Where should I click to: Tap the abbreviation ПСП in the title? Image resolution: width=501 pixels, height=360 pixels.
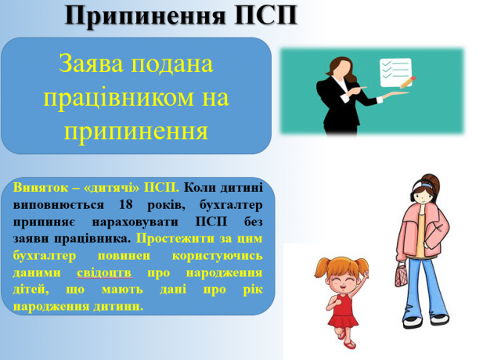click(266, 15)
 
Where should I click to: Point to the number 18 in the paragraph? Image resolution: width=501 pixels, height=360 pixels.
click(125, 204)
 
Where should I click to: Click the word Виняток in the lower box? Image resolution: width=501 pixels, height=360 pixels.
click(41, 188)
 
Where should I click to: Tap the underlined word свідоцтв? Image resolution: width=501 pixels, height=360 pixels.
click(104, 273)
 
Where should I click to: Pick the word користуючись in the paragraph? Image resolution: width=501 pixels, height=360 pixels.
click(218, 256)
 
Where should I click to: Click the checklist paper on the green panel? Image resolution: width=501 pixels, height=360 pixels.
click(395, 72)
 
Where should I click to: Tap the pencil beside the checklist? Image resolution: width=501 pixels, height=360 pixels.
click(408, 82)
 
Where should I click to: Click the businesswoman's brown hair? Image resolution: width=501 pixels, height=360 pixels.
click(343, 68)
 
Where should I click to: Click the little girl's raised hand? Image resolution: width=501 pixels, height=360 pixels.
click(366, 274)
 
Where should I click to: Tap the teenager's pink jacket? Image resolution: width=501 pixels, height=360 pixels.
click(422, 231)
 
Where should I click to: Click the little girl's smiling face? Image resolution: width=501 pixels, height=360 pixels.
click(341, 282)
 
